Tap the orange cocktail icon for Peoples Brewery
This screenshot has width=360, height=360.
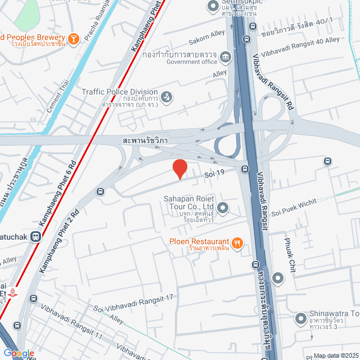tap(73, 39)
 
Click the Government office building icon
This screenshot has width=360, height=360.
tap(225, 57)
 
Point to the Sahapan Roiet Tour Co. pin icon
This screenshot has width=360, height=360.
tap(223, 209)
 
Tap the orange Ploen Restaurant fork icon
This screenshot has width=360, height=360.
tap(238, 242)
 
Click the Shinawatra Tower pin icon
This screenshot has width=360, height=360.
tap(300, 319)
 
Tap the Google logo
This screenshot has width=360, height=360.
tap(19, 353)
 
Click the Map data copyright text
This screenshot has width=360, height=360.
tap(335, 355)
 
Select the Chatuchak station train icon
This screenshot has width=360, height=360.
tap(36, 237)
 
